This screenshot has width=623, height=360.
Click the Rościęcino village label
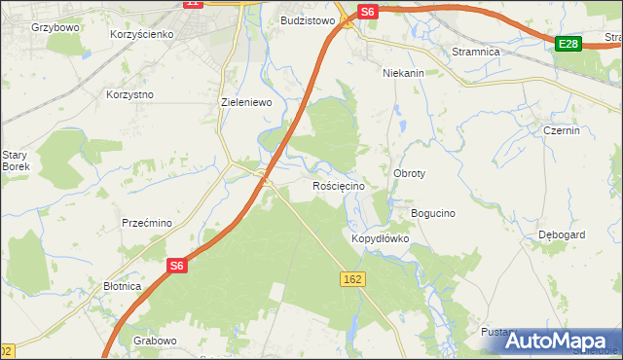[338, 186]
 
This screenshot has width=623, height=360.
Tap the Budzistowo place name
[308, 19]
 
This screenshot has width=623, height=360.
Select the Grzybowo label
[55, 28]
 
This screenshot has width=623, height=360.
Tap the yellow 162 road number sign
[353, 279]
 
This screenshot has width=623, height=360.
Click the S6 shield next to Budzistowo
[366, 12]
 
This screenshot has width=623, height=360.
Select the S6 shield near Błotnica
[176, 265]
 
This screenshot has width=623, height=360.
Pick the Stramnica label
[475, 51]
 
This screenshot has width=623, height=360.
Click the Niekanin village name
[403, 73]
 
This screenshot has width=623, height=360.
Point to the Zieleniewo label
[245, 101]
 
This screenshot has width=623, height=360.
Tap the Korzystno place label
[130, 95]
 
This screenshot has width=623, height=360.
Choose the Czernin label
[562, 130]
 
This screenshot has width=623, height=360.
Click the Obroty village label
[409, 173]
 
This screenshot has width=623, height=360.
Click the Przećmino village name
[147, 223]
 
